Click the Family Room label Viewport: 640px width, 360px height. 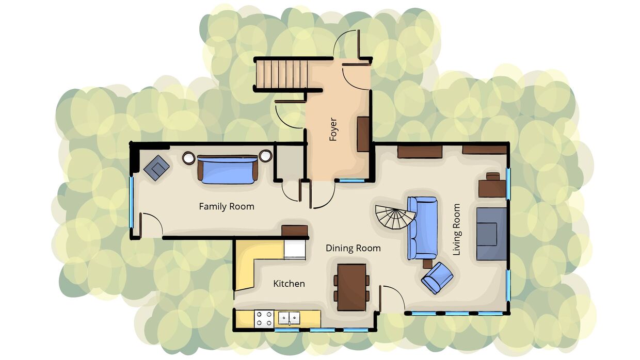click(x=227, y=206)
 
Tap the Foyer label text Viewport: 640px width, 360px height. click(x=333, y=129)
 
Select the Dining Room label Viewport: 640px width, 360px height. click(x=353, y=248)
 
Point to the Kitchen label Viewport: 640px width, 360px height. click(x=289, y=284)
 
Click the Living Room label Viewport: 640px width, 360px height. click(x=457, y=229)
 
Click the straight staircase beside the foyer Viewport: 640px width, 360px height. click(x=282, y=74)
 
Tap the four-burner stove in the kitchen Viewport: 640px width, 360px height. click(x=264, y=318)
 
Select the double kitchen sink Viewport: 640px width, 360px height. click(x=289, y=318)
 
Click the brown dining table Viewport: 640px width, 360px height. click(x=351, y=287)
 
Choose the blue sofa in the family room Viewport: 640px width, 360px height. click(x=228, y=169)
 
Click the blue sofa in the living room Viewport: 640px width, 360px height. click(x=422, y=228)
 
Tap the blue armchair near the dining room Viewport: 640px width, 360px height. click(x=437, y=278)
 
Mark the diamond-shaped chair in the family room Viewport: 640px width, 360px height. click(x=156, y=168)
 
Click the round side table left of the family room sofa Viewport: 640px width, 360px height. click(x=188, y=158)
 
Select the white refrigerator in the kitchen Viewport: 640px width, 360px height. click(x=295, y=250)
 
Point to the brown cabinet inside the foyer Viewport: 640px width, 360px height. click(x=363, y=134)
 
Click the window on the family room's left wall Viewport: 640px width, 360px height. click(x=132, y=202)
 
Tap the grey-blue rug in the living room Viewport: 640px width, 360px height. click(x=491, y=234)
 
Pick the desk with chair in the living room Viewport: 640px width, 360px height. click(x=492, y=185)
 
